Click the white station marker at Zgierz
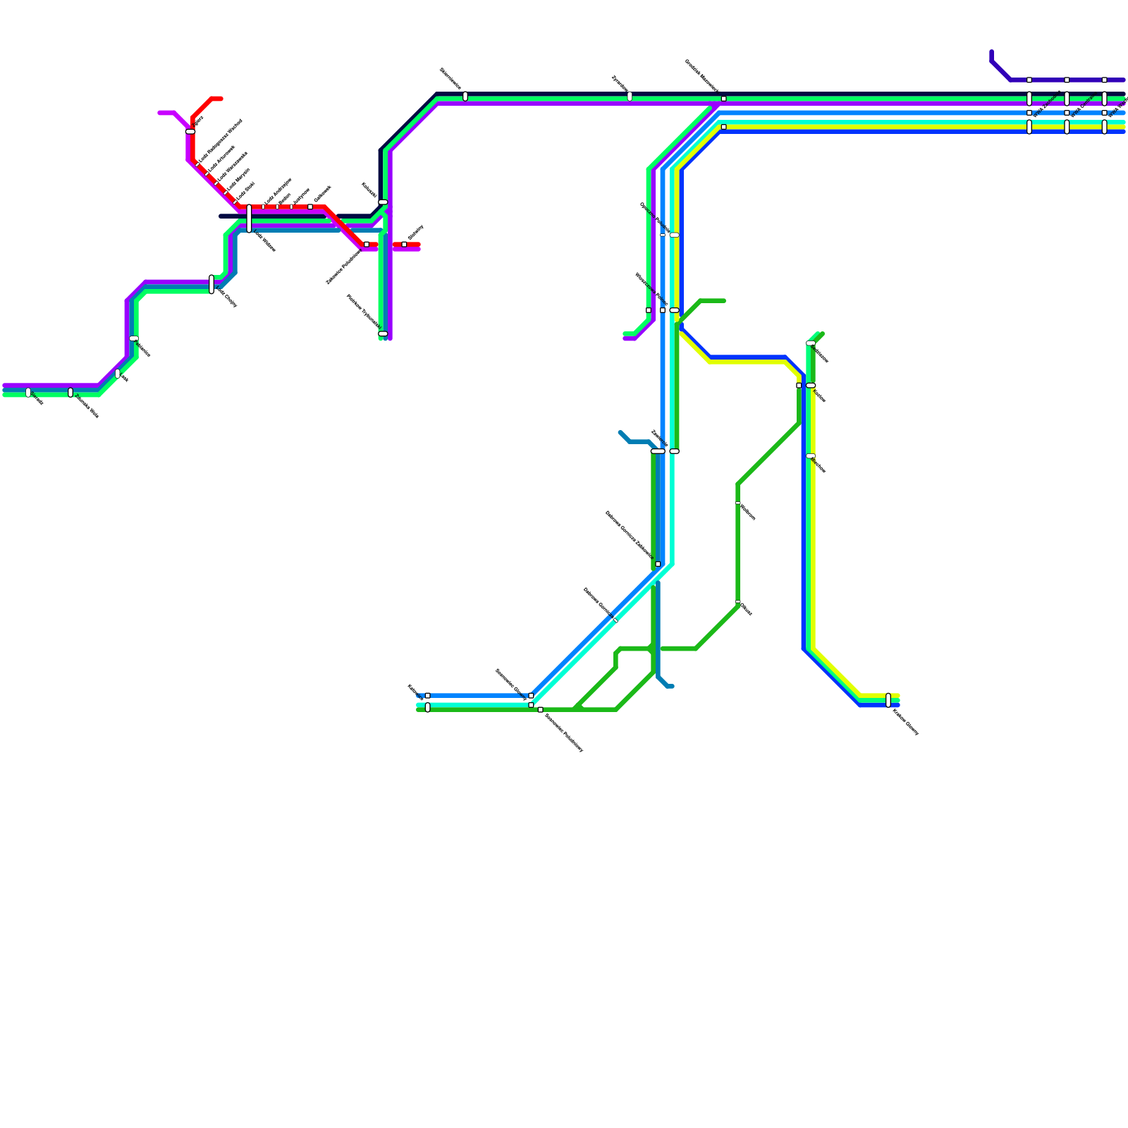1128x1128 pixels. tap(190, 132)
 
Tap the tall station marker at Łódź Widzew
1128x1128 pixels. tap(249, 219)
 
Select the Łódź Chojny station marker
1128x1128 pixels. tap(211, 284)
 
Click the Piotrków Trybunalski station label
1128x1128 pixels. tap(363, 311)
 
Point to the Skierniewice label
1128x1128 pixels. tap(450, 78)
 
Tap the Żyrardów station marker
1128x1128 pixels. tap(630, 97)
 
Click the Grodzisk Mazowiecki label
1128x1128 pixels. tap(702, 76)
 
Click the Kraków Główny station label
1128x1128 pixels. tap(905, 722)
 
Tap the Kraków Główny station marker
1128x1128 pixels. tap(888, 700)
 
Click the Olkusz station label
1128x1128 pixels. tap(747, 609)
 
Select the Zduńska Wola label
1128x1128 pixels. tap(87, 406)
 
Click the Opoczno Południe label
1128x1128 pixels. tap(654, 218)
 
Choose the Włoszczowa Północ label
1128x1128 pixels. tap(651, 289)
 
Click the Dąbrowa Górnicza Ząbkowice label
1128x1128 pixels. tap(630, 534)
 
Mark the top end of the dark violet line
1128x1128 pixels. tap(991, 52)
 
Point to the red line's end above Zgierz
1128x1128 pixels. tap(221, 99)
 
